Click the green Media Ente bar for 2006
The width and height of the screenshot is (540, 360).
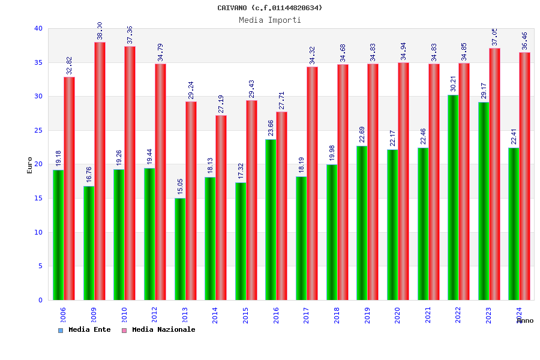point(58,235)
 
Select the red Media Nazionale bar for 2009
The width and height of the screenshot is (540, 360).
point(100,171)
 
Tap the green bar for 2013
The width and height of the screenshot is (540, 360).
point(180,249)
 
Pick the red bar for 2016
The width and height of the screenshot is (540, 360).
point(282,206)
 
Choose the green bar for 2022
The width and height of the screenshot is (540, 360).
point(453,197)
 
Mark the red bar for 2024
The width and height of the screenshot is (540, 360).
point(525,176)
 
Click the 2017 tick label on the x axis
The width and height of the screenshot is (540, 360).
point(307,316)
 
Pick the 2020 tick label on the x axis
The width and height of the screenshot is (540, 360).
point(398,316)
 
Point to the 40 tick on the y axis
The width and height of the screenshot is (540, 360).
point(38,28)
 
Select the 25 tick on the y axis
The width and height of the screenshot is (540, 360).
point(38,130)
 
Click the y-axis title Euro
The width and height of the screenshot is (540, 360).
point(30,165)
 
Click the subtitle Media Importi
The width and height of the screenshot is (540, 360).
point(270,20)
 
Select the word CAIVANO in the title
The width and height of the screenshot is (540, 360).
point(232,8)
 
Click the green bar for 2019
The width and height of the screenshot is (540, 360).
point(362,223)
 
